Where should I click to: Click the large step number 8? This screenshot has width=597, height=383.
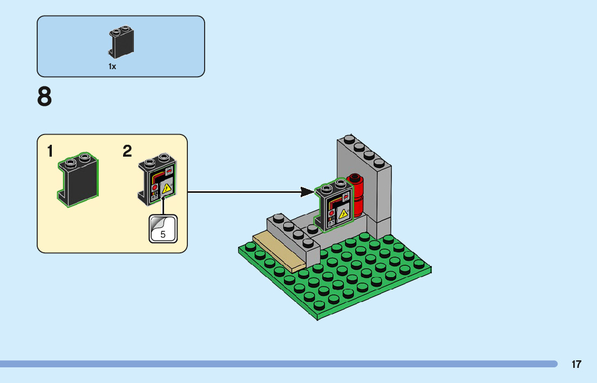45,98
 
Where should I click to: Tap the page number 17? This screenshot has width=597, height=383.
576,364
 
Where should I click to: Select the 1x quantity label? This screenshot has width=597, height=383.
112,66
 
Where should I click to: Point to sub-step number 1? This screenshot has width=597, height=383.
50,152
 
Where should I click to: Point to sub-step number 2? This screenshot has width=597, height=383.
127,152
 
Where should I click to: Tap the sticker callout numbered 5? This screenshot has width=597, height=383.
163,229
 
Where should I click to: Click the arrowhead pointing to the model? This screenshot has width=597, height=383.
308,192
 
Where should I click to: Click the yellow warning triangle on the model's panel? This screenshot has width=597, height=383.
342,213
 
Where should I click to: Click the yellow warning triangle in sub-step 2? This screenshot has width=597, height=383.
167,188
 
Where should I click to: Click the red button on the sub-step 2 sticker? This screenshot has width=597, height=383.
154,187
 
